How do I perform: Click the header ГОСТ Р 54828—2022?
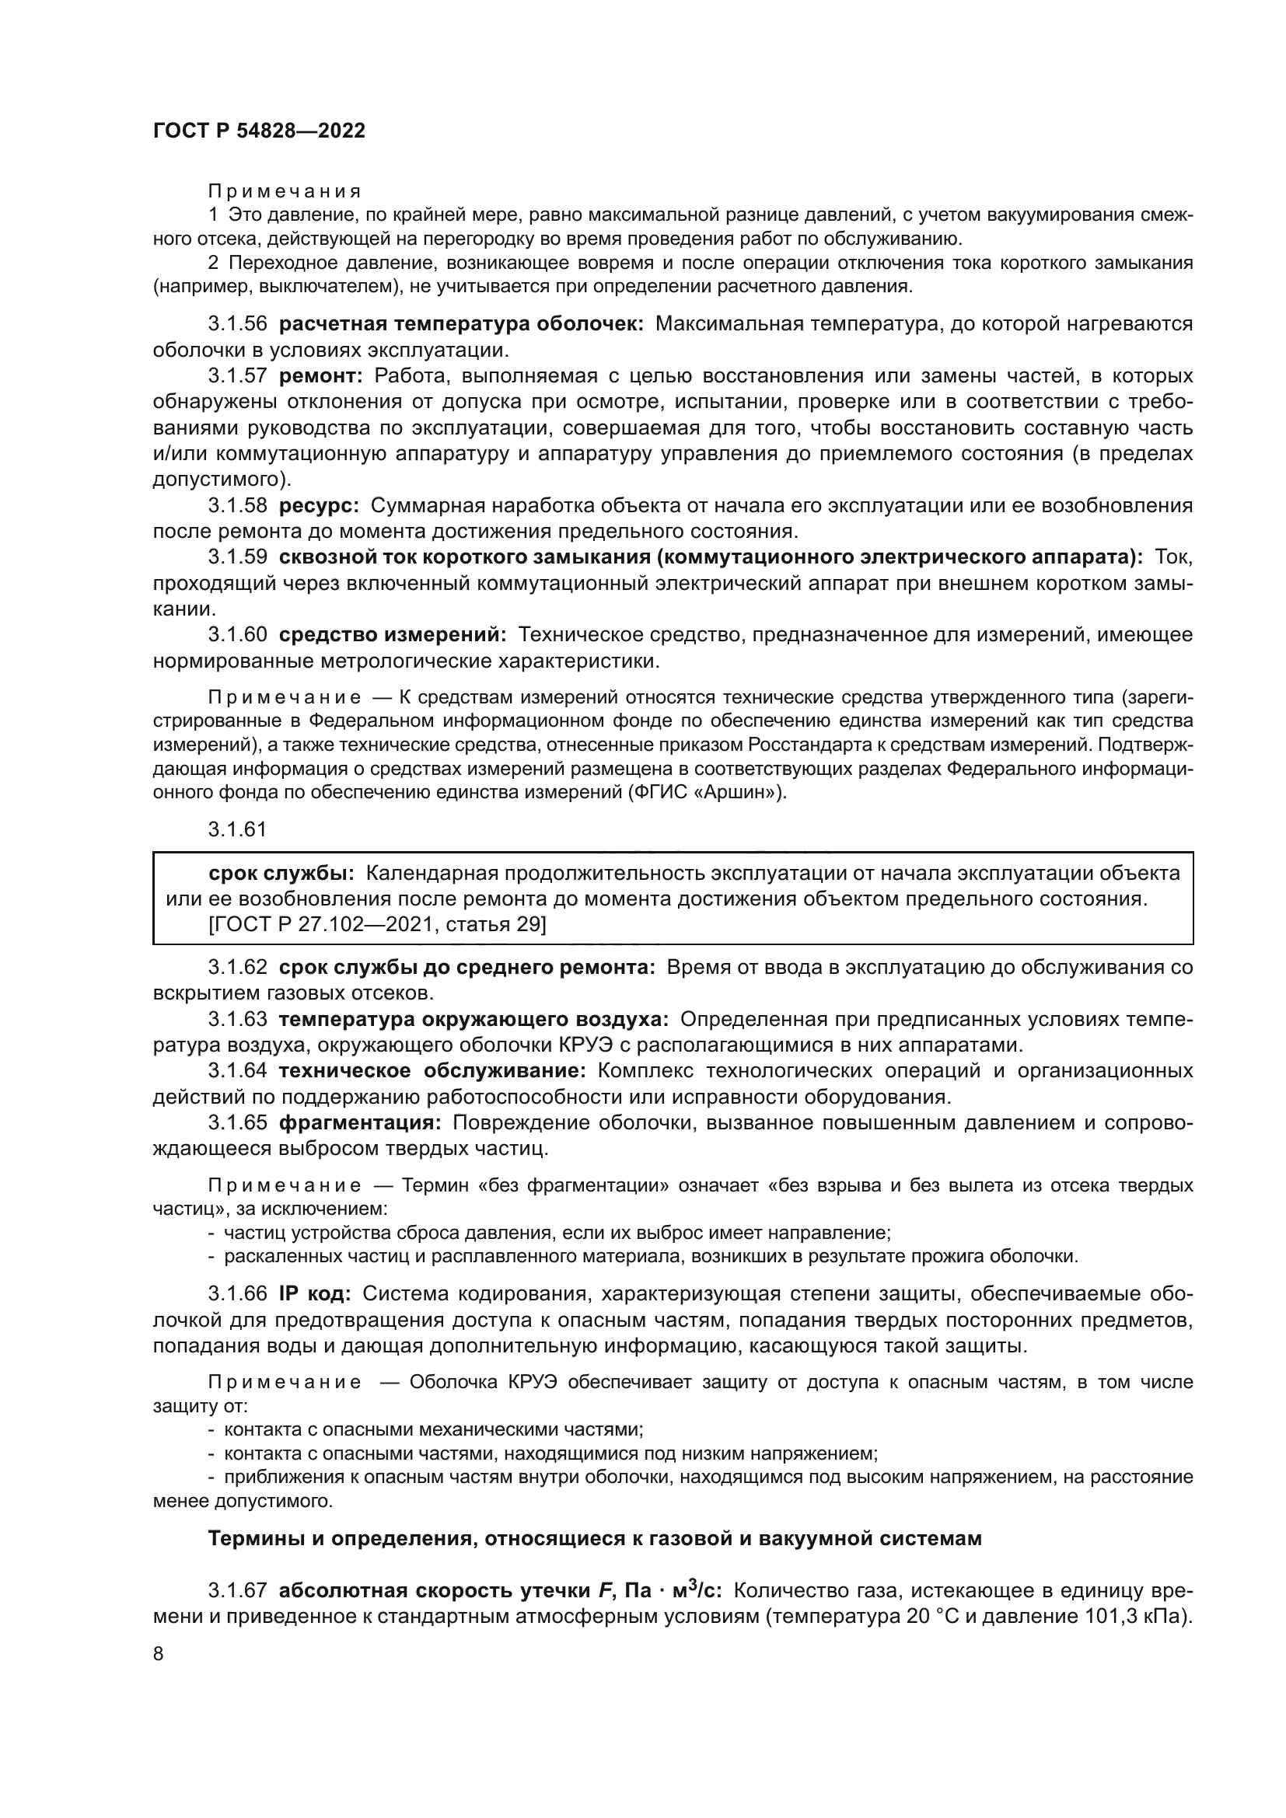[259, 131]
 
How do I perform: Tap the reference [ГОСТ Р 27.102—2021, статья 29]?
[377, 924]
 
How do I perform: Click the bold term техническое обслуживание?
[432, 1071]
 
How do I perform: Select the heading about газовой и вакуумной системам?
[594, 1538]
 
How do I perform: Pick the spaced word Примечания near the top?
[285, 192]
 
